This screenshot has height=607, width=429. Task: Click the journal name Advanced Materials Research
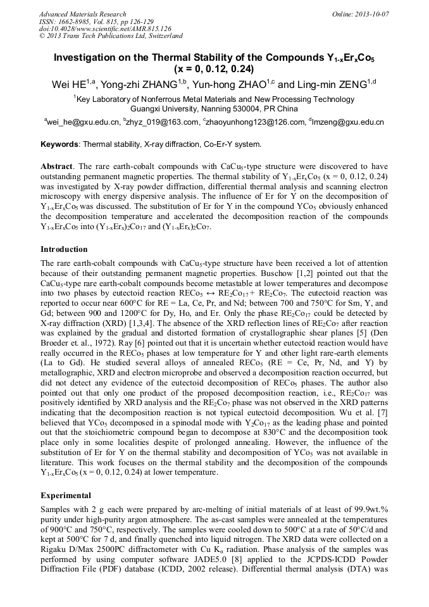click(82, 13)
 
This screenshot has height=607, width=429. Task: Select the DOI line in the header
click(104, 28)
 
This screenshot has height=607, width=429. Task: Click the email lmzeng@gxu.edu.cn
click(349, 122)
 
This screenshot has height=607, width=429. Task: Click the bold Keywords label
click(60, 144)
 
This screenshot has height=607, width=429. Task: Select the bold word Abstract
click(57, 166)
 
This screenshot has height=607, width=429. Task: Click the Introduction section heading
click(64, 249)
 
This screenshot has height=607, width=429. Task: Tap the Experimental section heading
click(65, 496)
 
